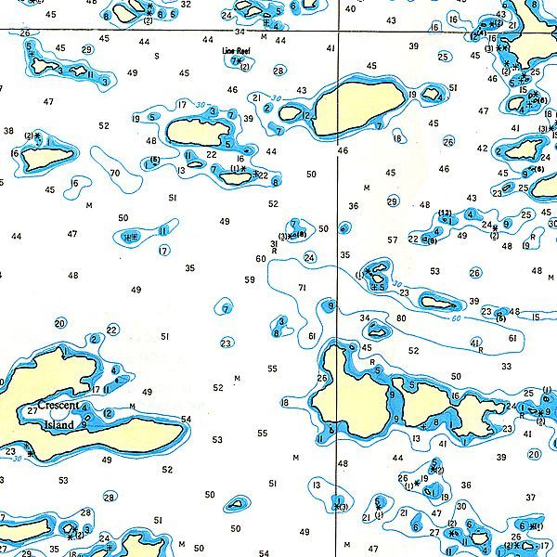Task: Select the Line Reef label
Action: tap(237, 53)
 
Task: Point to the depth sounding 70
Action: tap(114, 173)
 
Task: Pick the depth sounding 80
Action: tap(401, 318)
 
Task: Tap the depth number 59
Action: tap(249, 279)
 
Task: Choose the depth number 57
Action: tap(392, 240)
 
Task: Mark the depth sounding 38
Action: tap(8, 131)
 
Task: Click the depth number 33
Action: tap(506, 367)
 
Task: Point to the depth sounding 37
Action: tap(530, 498)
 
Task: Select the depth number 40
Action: tap(349, 9)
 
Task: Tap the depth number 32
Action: tap(186, 4)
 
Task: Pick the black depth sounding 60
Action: tap(261, 259)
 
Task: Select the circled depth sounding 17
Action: tap(163, 250)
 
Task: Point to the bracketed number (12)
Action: tap(446, 214)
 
